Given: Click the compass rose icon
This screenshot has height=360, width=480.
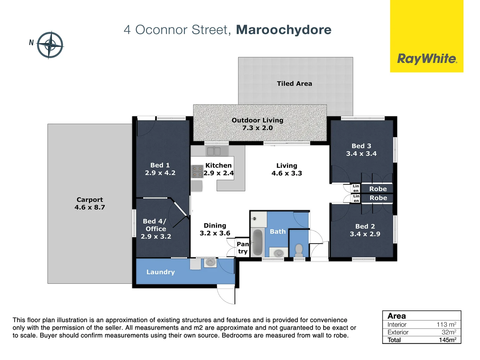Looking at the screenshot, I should pos(50,45).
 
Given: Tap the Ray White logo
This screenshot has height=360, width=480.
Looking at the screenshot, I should pos(427,59).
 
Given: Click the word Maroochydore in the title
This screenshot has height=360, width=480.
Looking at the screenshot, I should pos(284,30).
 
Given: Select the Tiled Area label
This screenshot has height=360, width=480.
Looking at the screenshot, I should pos(294,84).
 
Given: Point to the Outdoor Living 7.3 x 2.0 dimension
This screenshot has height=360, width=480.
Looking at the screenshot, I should pos(257,128).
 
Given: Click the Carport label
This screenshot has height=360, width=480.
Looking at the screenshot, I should pos(90,200).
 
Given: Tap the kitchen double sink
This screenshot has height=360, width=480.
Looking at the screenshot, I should pos(214,151).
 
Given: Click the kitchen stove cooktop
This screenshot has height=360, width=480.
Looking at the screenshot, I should pos(197,171).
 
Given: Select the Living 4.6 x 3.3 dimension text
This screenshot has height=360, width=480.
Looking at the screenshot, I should pos(287,173).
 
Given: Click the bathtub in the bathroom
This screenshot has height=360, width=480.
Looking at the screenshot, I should pos(257,242).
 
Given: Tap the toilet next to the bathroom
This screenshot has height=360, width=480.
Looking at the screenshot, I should pos(299,250).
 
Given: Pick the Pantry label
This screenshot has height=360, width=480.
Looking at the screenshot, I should pos(243,248).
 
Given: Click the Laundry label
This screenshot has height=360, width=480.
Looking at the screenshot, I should pos(160,272).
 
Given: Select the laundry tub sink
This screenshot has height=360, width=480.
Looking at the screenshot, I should pos(210,262).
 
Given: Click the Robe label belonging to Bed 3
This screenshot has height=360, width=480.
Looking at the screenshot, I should pos(378,189).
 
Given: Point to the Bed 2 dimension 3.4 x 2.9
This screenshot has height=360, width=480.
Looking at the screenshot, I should pos(365,234).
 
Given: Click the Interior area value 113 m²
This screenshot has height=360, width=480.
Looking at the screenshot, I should pos(446,325).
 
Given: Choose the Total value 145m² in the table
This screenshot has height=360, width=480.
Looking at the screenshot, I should pos(447,340).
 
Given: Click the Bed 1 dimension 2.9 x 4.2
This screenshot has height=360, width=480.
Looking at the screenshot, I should pos(160,173).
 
